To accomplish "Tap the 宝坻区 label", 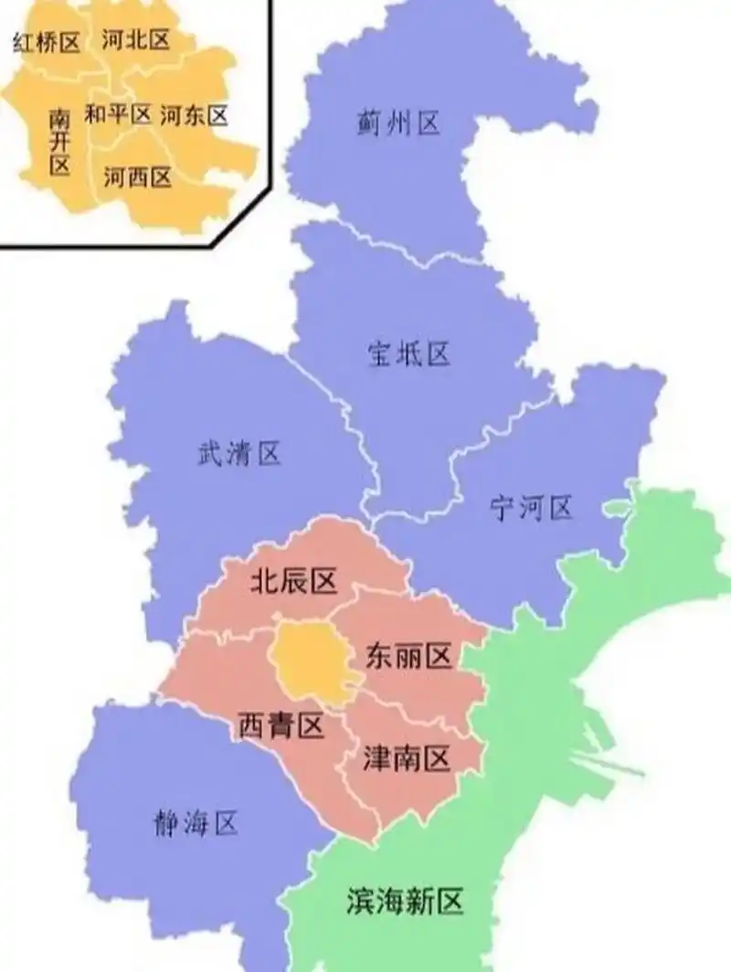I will pyautogui.click(x=409, y=354).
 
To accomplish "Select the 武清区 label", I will pyautogui.click(x=239, y=453).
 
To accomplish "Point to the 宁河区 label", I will pyautogui.click(x=531, y=508).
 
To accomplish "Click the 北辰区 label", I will pyautogui.click(x=294, y=581).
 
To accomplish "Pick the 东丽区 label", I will pyautogui.click(x=408, y=656).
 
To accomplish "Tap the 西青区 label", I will pyautogui.click(x=281, y=727).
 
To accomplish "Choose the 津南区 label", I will pyautogui.click(x=408, y=758).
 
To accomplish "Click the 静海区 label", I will pyautogui.click(x=195, y=825).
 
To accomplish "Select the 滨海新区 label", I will pyautogui.click(x=405, y=903).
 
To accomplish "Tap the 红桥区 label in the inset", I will pyautogui.click(x=47, y=42).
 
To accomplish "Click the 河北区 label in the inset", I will pyautogui.click(x=137, y=39).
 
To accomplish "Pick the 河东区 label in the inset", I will pyautogui.click(x=194, y=115).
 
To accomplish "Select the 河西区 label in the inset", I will pyautogui.click(x=137, y=177).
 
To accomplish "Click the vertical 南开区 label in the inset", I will pyautogui.click(x=59, y=142).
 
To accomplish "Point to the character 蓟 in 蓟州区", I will pyautogui.click(x=368, y=122).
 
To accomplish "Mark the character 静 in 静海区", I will pyautogui.click(x=165, y=825).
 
